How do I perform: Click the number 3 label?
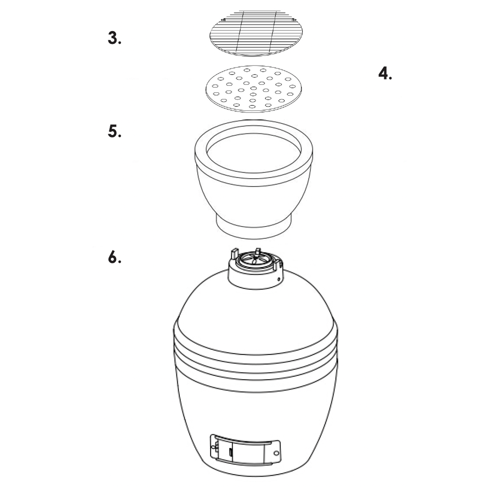pos(114,38)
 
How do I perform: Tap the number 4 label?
pos(385,73)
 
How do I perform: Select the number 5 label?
pos(114,131)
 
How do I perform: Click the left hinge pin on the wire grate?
pos(223,20)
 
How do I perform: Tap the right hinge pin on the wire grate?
pos(294,20)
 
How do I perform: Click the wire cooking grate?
pos(256,33)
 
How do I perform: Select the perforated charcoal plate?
pos(254,89)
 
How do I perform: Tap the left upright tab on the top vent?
pos(234,253)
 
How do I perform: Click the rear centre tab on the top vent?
pos(258,251)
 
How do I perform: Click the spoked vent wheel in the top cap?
pos(254,262)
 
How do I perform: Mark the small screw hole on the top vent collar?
pos(278,278)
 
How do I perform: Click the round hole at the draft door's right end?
pos(276,453)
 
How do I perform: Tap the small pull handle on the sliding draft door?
pos(230,452)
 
